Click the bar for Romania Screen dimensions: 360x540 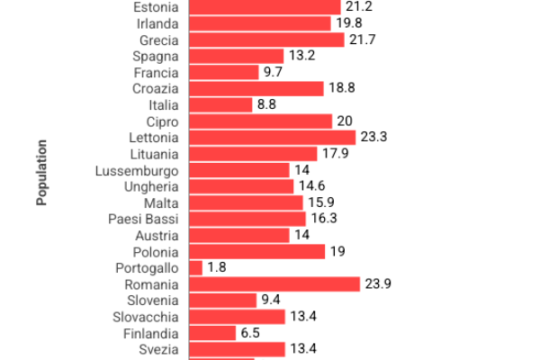pyautogui.click(x=274, y=283)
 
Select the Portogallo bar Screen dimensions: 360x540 pyautogui.click(x=195, y=267)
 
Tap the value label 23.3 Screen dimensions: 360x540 pyautogui.click(x=376, y=138)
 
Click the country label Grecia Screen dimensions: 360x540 pyautogui.click(x=159, y=40)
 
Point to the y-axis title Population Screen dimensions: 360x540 pyautogui.click(x=41, y=172)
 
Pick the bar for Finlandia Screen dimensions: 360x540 pyautogui.click(x=212, y=332)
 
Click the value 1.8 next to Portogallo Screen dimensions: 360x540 pyautogui.click(x=216, y=267)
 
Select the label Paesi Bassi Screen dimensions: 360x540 pyautogui.click(x=143, y=219)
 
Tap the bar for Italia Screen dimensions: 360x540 pyautogui.click(x=220, y=105)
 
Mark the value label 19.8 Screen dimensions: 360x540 pyautogui.click(x=349, y=24)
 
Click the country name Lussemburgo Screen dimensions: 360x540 pyautogui.click(x=137, y=170)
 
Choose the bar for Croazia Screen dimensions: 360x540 pyautogui.click(x=256, y=89)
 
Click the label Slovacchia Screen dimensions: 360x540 pyautogui.click(x=146, y=316)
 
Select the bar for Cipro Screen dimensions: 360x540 pyautogui.click(x=260, y=121)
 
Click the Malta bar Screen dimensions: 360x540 pyautogui.click(x=246, y=202)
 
